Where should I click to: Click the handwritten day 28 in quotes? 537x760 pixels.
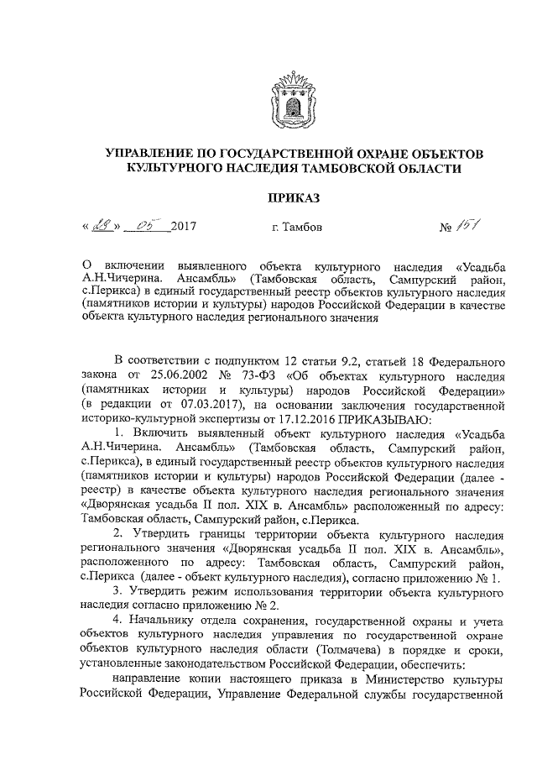click(103, 225)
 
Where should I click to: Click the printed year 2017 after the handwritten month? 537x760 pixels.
click(184, 228)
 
